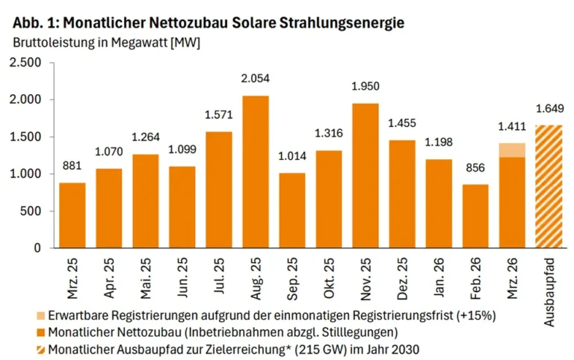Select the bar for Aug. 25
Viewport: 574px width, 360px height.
256,172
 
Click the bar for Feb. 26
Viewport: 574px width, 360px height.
475,217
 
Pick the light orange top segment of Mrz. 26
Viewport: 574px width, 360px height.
512,150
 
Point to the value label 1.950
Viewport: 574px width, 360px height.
365,87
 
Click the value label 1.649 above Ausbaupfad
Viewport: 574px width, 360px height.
549,108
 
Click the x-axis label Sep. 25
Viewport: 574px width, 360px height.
292,278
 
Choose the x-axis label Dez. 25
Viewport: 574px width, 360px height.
402,278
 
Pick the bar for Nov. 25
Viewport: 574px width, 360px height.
365,176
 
